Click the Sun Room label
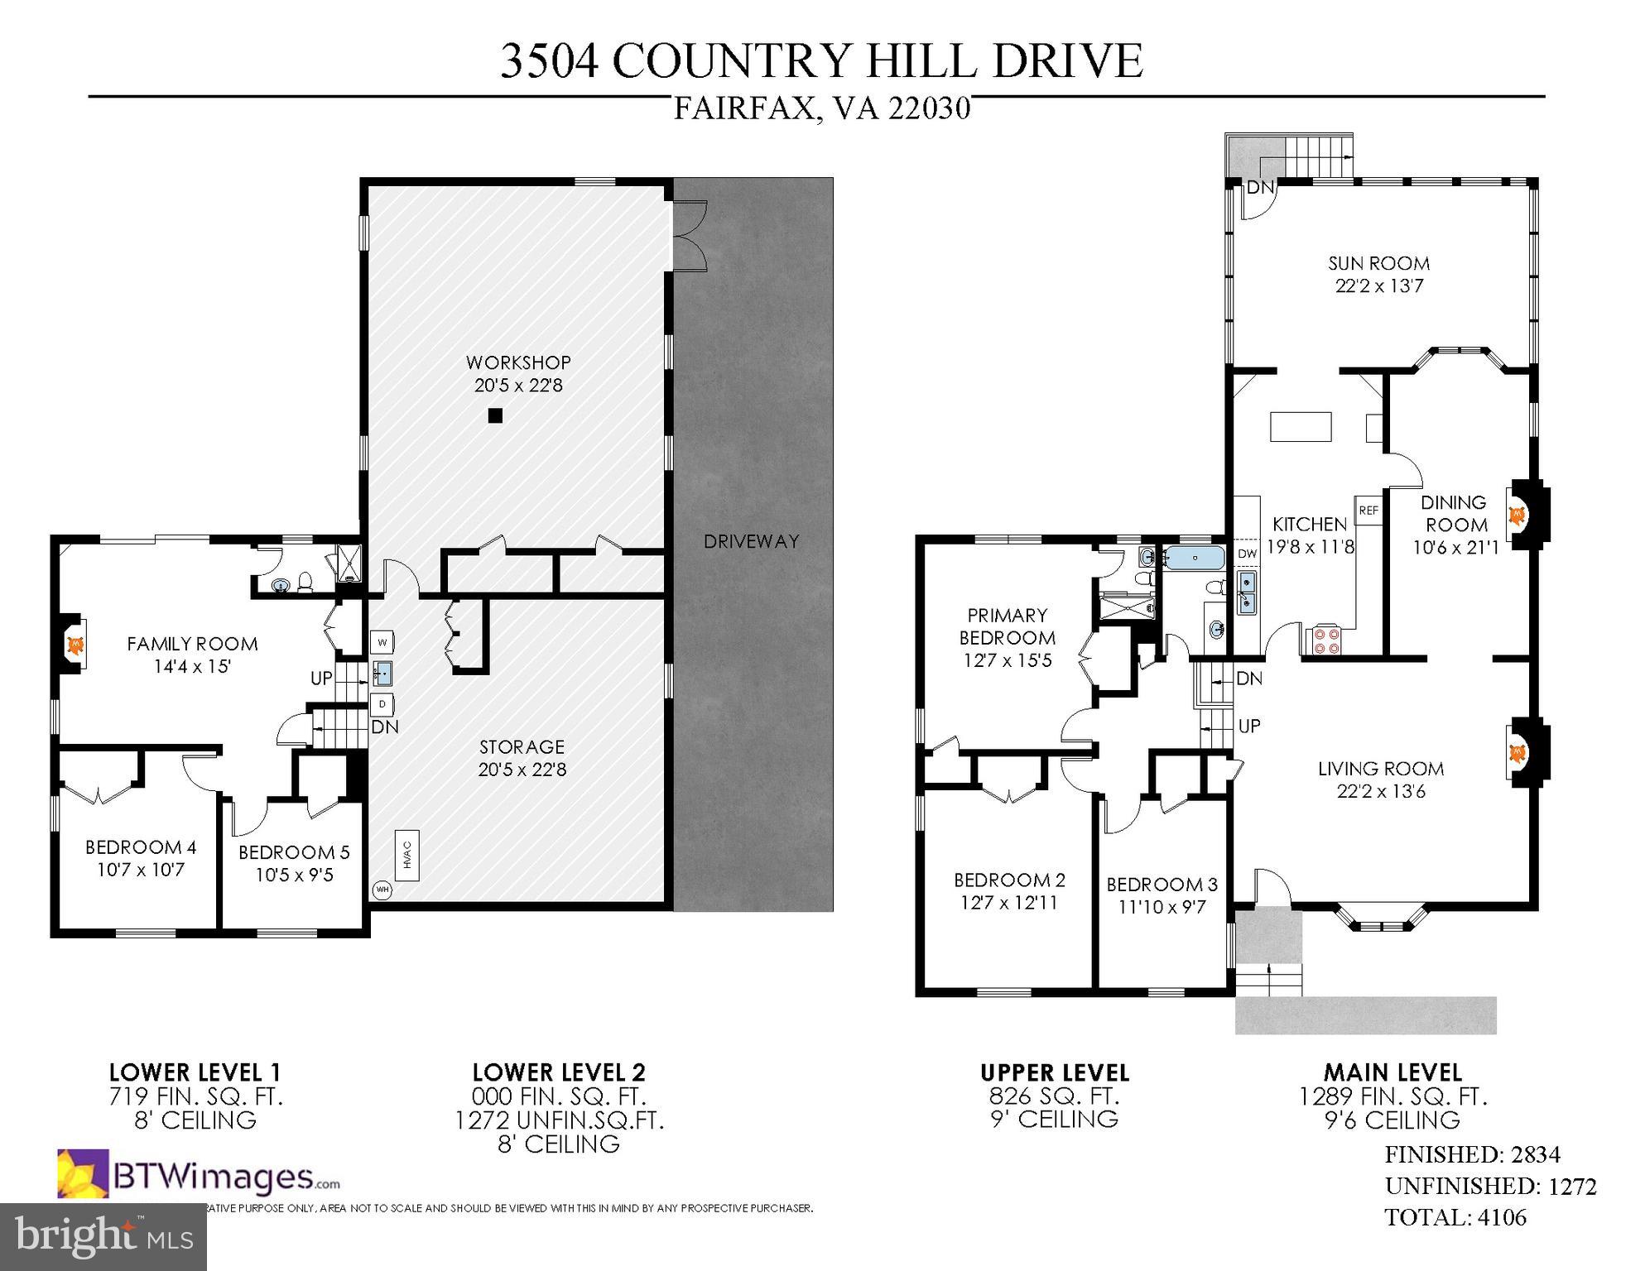(1378, 264)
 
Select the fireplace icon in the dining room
(1517, 516)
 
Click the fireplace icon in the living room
(1517, 753)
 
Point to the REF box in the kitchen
(1368, 511)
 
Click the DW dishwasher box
(1247, 554)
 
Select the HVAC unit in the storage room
(407, 854)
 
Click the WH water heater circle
(382, 890)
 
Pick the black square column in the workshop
(495, 416)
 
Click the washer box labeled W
(382, 641)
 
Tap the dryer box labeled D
(382, 705)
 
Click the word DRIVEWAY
(751, 542)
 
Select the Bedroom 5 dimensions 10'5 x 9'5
(294, 875)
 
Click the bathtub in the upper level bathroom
(1195, 558)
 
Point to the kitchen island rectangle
(1301, 427)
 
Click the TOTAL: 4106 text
(1455, 1218)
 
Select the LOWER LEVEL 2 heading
(558, 1072)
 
